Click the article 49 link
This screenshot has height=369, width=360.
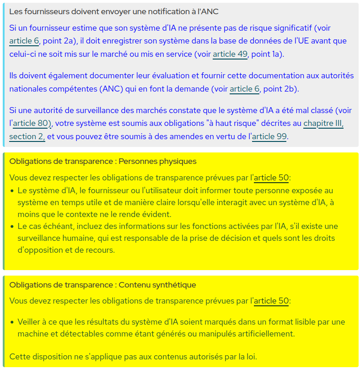tap(230, 54)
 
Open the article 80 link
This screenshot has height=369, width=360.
tap(32, 123)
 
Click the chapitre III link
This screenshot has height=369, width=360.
tap(323, 123)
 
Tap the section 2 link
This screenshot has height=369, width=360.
tap(27, 136)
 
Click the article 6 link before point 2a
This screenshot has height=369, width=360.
tap(24, 41)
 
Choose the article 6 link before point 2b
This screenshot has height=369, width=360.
tap(244, 89)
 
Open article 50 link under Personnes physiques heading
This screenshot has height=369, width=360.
tap(271, 178)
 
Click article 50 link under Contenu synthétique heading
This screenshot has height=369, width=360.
tap(271, 301)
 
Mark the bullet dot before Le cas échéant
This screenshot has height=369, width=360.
tap(12, 226)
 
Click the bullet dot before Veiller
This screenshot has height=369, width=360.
tap(12, 322)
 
